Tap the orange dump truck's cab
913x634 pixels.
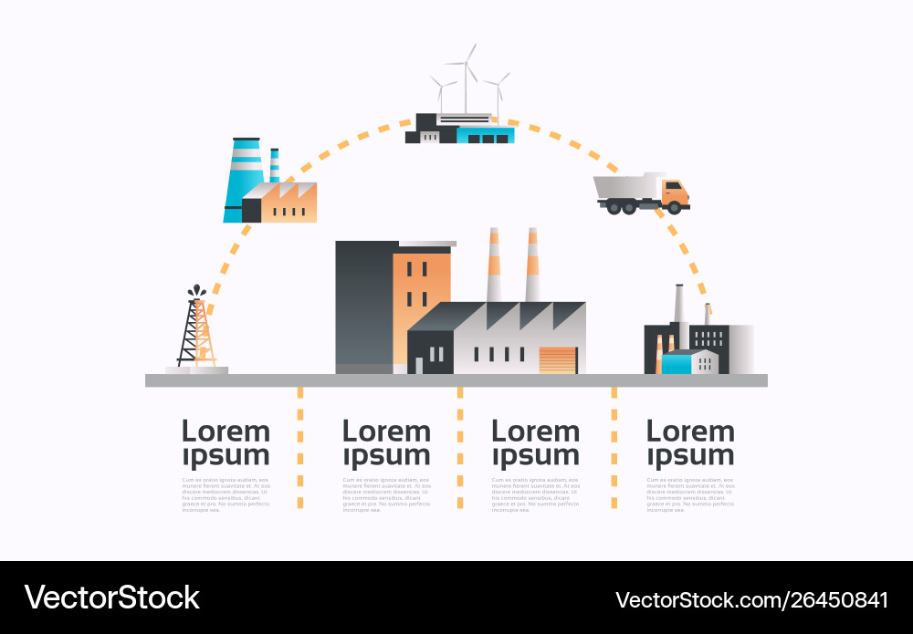pos(674,192)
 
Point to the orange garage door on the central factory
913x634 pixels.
pos(559,359)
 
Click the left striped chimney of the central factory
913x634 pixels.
pos(494,265)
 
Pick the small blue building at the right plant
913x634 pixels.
pos(677,363)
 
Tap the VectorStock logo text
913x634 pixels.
pos(111,598)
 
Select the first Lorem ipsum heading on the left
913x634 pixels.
pos(226,442)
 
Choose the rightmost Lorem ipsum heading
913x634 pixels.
pos(690,442)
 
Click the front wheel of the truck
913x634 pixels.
pos(675,208)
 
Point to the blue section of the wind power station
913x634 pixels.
pos(485,135)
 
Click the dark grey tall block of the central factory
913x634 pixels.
pos(363,306)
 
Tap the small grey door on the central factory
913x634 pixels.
pos(419,366)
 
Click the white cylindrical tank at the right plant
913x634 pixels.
pos(740,348)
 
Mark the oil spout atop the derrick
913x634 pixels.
pos(196,292)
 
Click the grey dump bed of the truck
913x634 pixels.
pos(625,186)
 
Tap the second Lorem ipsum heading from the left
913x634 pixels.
pos(385,442)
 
